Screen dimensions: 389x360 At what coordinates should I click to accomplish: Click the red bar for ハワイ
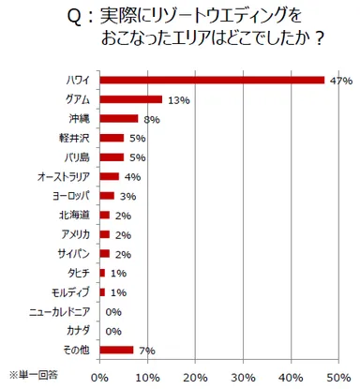click(x=211, y=81)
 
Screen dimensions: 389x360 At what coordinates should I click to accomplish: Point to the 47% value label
click(x=340, y=82)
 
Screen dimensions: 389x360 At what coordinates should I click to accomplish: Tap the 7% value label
click(x=146, y=351)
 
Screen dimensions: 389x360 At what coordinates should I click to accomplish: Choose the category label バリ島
click(x=79, y=157)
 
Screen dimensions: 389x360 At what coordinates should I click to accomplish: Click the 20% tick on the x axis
click(x=194, y=377)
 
